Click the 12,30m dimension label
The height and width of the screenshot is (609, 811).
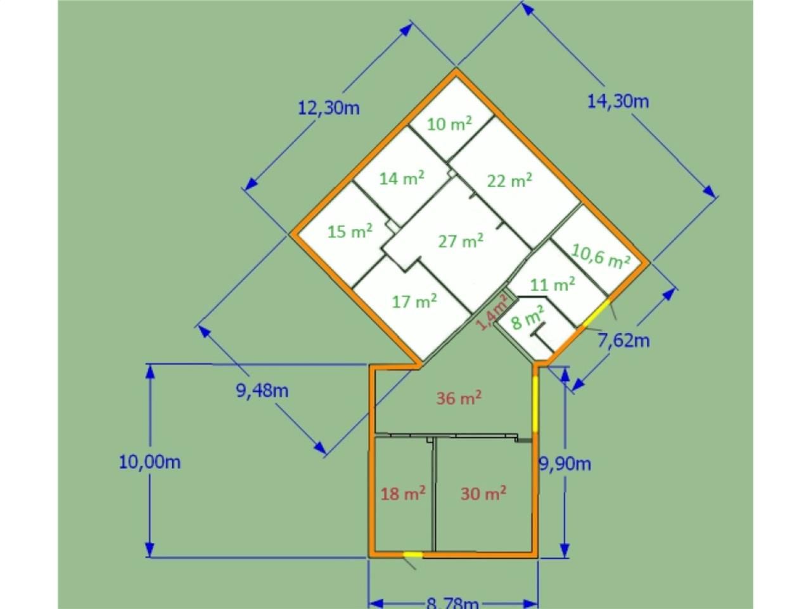tap(329, 108)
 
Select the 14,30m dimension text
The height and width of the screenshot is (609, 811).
tap(618, 101)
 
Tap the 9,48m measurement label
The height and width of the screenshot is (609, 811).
tap(262, 390)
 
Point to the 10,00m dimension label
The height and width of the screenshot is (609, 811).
tap(150, 462)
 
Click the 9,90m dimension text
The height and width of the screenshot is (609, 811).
tap(565, 464)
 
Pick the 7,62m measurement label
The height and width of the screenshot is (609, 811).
tap(624, 341)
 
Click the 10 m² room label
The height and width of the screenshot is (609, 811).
tap(450, 124)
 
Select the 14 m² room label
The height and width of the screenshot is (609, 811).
tap(402, 178)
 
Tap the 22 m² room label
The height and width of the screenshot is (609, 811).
tap(509, 180)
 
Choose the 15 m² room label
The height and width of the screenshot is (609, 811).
tap(350, 232)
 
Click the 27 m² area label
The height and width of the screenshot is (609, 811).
tap(461, 241)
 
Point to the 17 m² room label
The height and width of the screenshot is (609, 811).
tap(414, 301)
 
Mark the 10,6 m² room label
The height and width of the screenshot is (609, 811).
tap(600, 256)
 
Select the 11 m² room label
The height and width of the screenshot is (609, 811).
tap(552, 284)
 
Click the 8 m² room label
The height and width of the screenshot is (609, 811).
tap(528, 317)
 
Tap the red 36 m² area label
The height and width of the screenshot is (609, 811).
tap(459, 398)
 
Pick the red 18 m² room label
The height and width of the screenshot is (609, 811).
tap(402, 493)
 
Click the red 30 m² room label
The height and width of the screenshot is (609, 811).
tap(483, 493)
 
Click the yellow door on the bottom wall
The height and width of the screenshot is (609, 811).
tap(413, 555)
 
